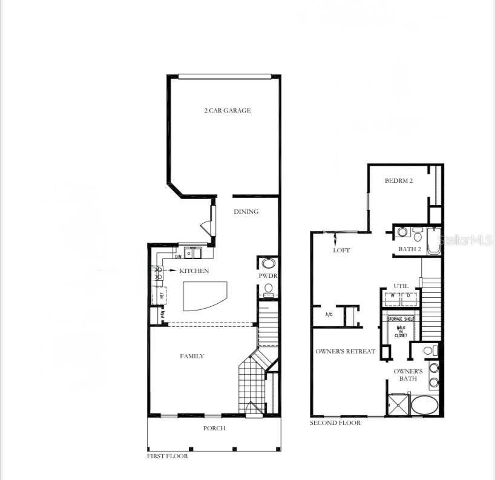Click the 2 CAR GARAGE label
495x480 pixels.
pyautogui.click(x=227, y=111)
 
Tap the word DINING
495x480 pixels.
pyautogui.click(x=246, y=212)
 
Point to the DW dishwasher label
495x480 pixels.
pyautogui.click(x=178, y=257)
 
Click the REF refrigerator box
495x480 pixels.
pyautogui.click(x=162, y=297)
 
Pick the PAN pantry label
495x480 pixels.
pyautogui.click(x=162, y=315)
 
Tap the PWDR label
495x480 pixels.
pyautogui.click(x=267, y=276)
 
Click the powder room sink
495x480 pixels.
pyautogui.click(x=267, y=263)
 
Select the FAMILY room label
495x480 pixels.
pyautogui.click(x=192, y=357)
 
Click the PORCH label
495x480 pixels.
pyautogui.click(x=214, y=429)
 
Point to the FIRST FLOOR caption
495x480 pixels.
pyautogui.click(x=168, y=456)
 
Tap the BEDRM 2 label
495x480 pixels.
pyautogui.click(x=399, y=181)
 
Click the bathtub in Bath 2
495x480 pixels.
pyautogui.click(x=434, y=241)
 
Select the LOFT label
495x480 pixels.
pyautogui.click(x=341, y=250)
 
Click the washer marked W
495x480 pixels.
pyautogui.click(x=393, y=297)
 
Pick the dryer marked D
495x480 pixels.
pyautogui.click(x=408, y=297)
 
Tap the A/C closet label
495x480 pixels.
pyautogui.click(x=329, y=315)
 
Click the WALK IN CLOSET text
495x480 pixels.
pyautogui.click(x=401, y=331)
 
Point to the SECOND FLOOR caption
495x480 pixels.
pyautogui.click(x=335, y=422)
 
